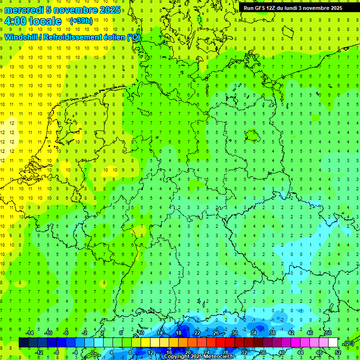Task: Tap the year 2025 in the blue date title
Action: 109,10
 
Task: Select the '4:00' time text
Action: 15,21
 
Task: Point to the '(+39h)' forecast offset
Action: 81,21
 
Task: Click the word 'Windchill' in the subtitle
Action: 22,37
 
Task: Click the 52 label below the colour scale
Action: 338,352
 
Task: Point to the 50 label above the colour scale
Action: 328,332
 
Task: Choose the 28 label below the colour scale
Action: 225,352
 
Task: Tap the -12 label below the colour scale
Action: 39,352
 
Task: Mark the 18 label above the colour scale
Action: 178,332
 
